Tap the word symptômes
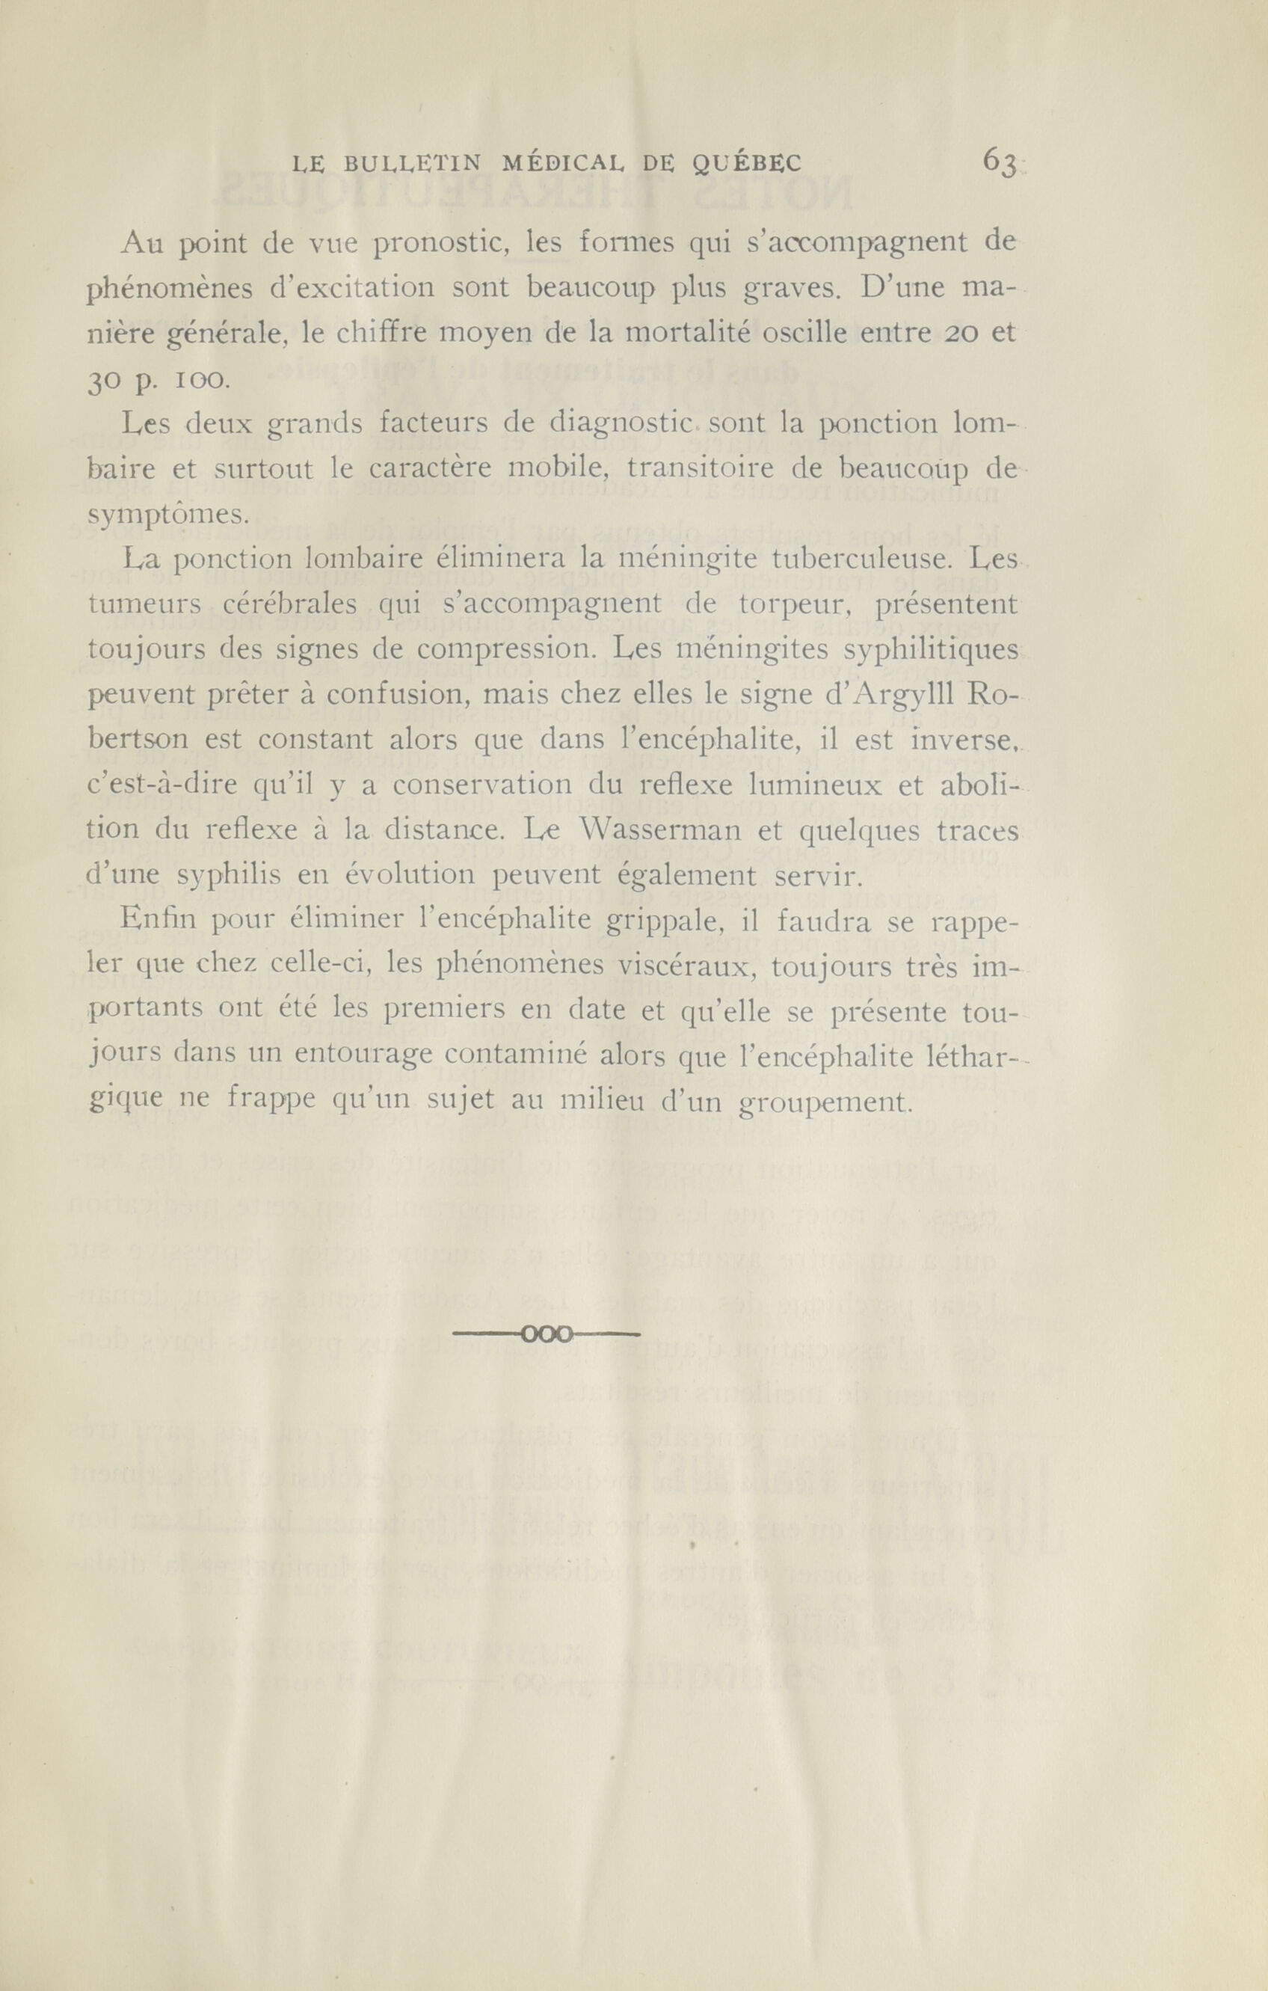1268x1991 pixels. coord(167,517)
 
